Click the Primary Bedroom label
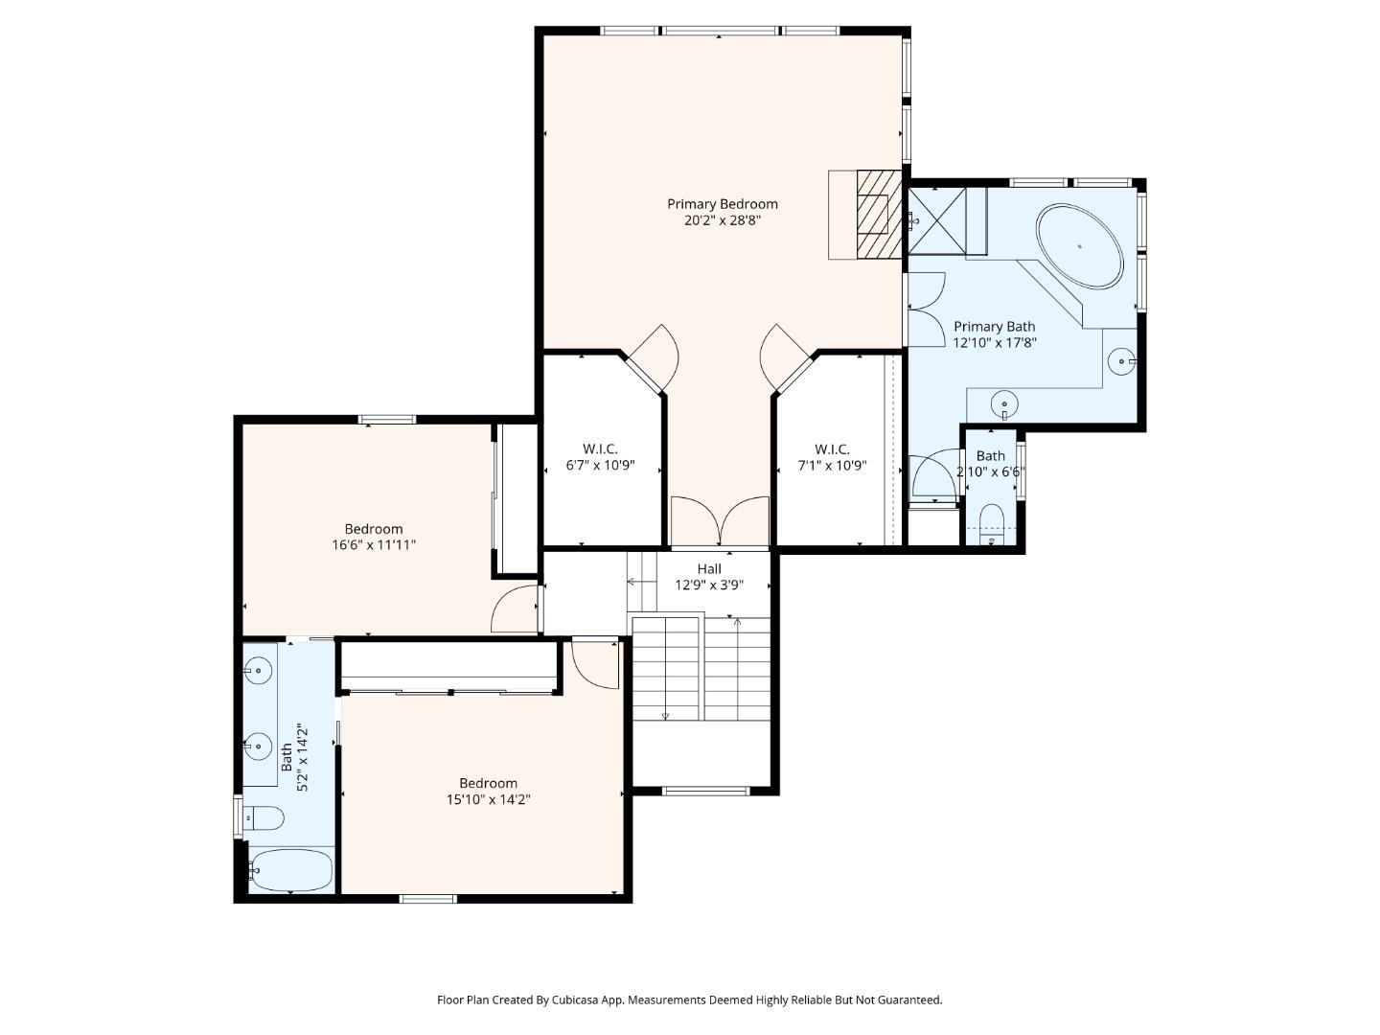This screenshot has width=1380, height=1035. click(x=722, y=203)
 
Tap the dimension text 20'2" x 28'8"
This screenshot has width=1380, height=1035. click(x=722, y=220)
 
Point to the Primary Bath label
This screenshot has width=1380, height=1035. click(x=994, y=326)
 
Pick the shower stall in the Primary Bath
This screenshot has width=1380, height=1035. click(x=936, y=220)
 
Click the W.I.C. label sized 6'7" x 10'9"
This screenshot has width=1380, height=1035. click(x=600, y=448)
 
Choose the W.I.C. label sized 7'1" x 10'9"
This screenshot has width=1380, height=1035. click(x=832, y=448)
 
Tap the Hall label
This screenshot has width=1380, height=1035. click(x=709, y=568)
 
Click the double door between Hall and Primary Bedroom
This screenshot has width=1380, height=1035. click(x=720, y=522)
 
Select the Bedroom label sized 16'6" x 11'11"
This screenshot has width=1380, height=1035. click(x=374, y=528)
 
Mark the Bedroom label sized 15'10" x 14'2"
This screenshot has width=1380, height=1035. click(x=488, y=782)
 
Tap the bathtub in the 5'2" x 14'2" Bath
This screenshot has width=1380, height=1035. click(x=291, y=870)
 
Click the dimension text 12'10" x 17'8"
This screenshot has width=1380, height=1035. click(x=994, y=342)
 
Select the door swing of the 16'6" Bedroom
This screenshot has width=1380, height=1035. click(x=516, y=609)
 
